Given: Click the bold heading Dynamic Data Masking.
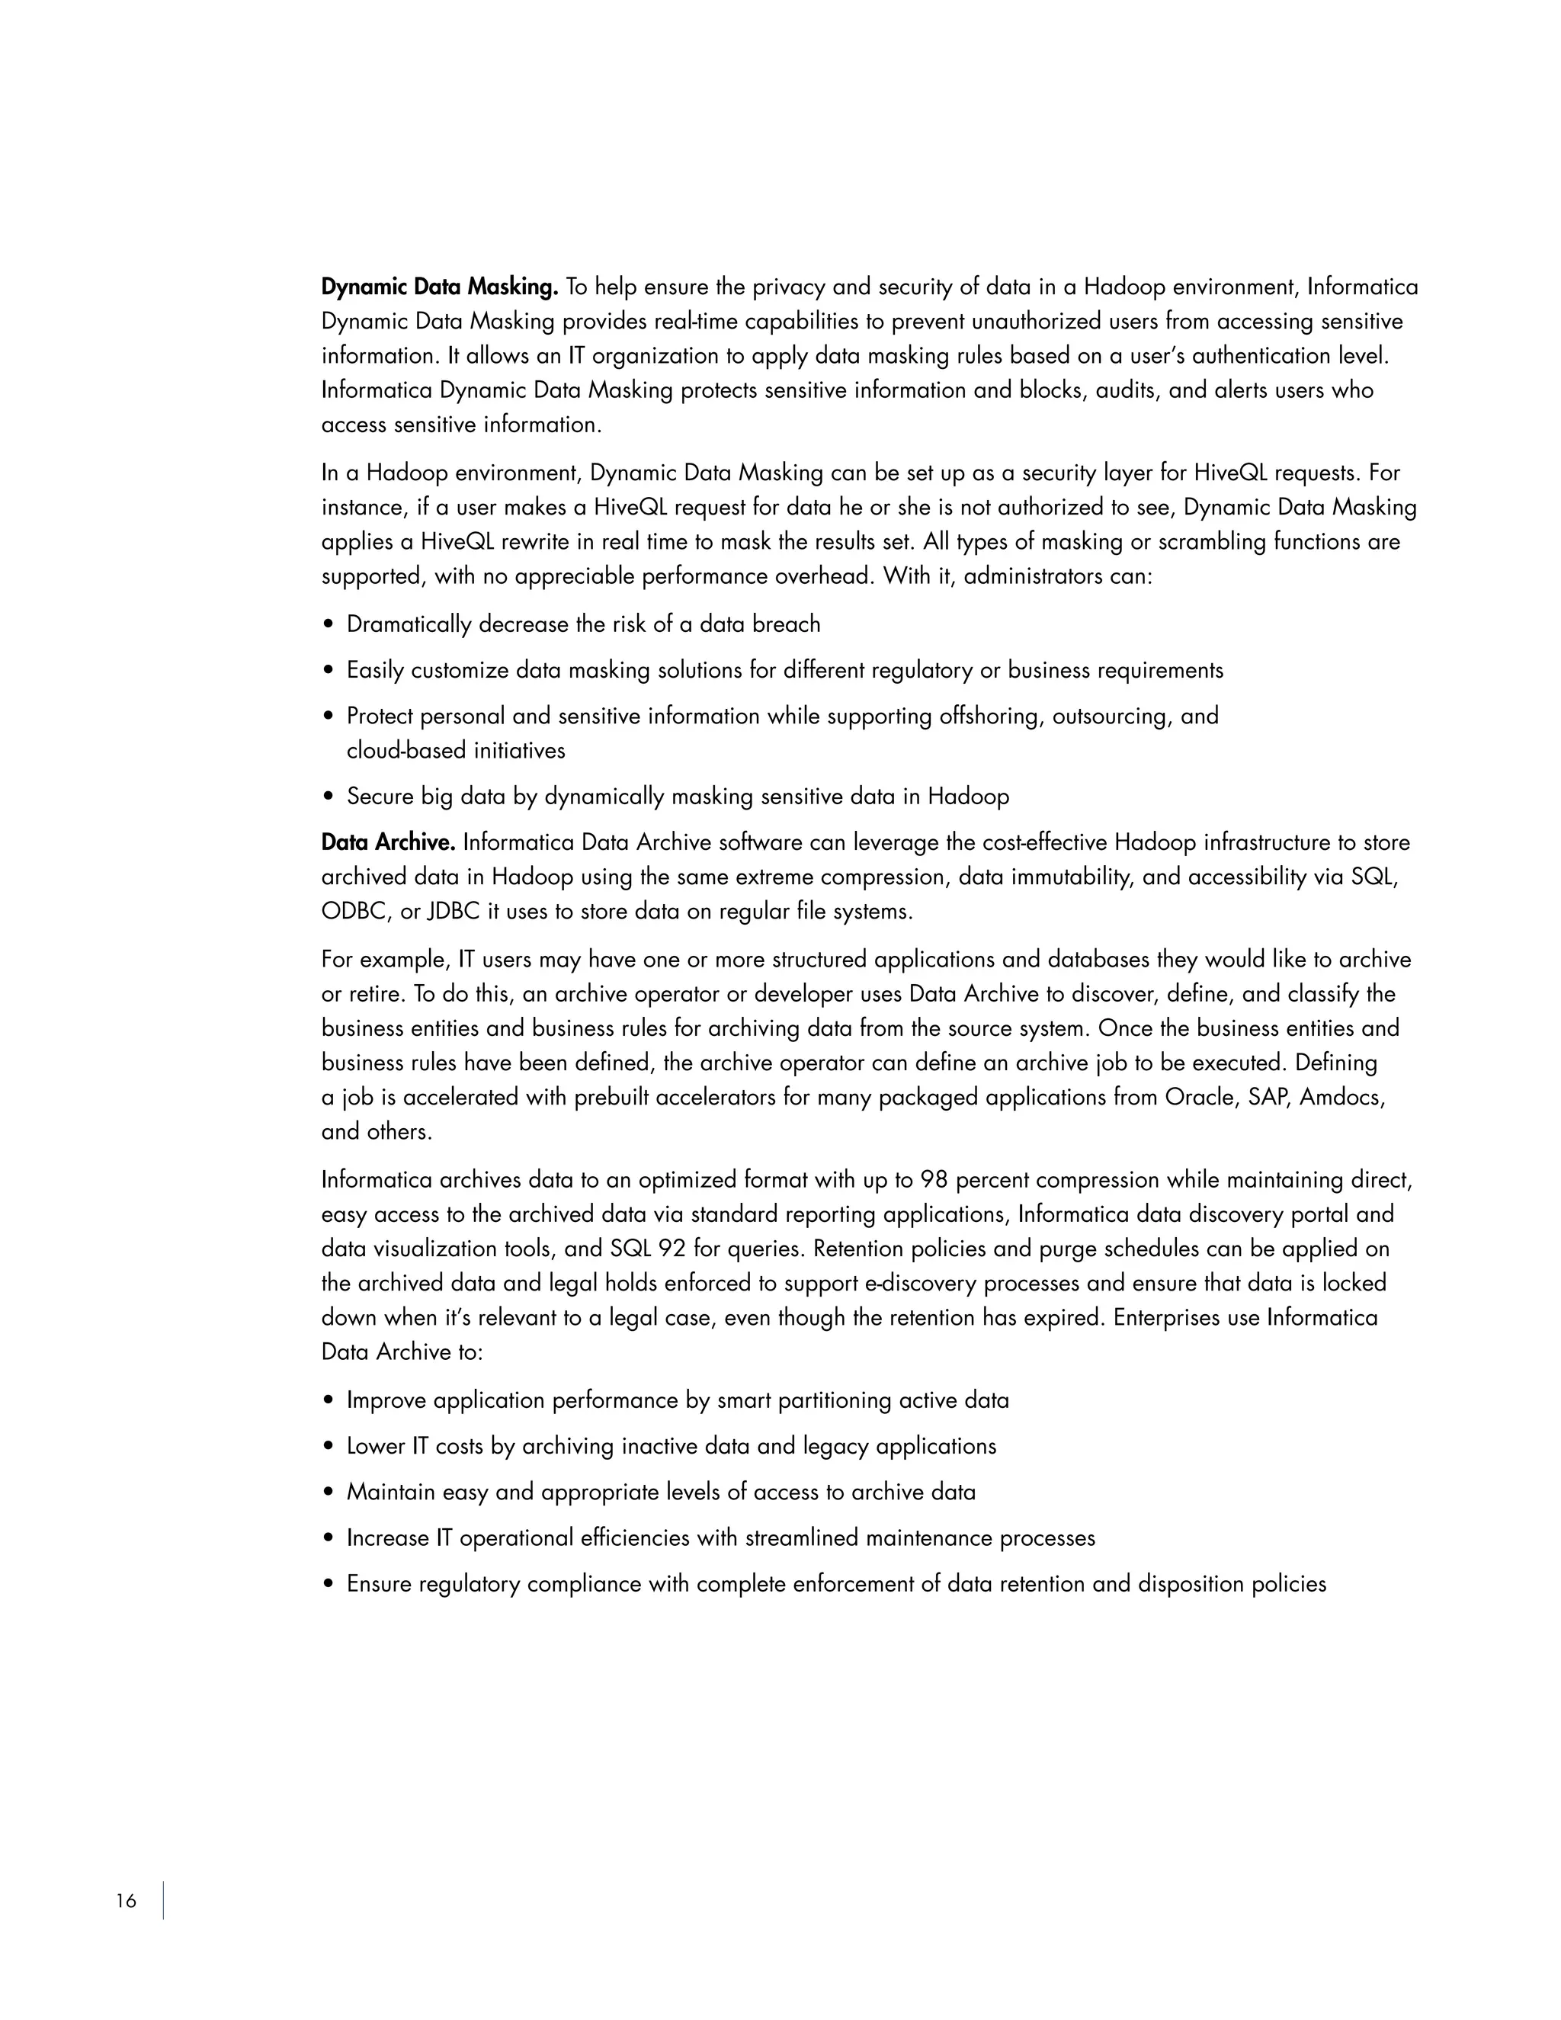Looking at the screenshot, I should [439, 287].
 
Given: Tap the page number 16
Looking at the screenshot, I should [126, 1900].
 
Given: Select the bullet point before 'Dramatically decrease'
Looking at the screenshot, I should [329, 625].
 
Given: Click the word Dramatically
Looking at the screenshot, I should [409, 625].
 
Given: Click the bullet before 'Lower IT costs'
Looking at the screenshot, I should [329, 1447].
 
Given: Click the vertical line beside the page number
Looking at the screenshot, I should [164, 1900].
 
